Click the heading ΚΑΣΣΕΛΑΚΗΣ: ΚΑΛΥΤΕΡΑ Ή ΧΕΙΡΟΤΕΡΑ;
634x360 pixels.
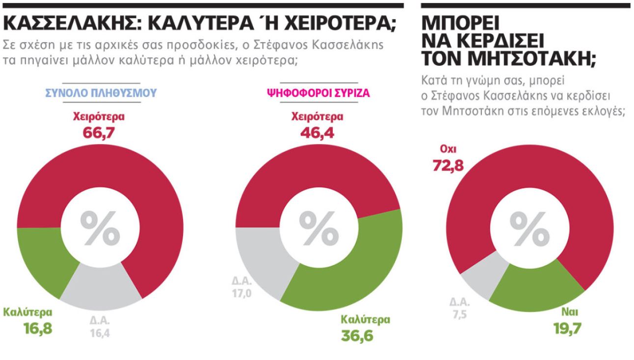199,23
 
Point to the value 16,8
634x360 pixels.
28,328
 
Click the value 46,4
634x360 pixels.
317,133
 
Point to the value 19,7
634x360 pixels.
566,327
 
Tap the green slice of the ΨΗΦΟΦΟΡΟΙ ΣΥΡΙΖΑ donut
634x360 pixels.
358,265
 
